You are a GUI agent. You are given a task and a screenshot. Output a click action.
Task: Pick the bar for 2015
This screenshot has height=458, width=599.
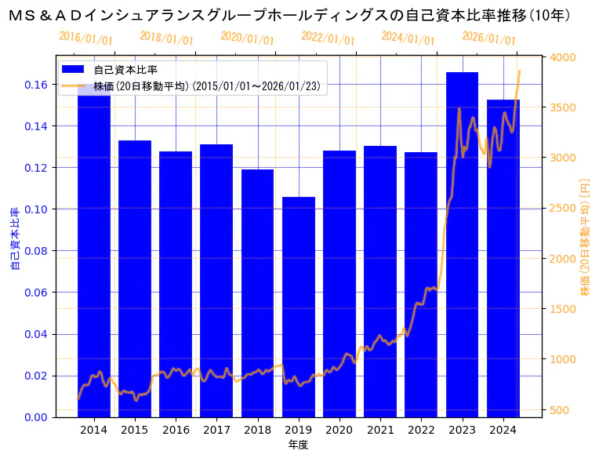(x=135, y=278)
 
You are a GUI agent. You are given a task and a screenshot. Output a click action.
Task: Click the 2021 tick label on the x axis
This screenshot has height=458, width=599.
(x=380, y=430)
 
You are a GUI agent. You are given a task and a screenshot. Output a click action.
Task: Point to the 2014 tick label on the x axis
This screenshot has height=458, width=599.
(x=94, y=430)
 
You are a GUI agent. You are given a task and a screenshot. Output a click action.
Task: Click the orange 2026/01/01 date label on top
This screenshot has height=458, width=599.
(x=488, y=38)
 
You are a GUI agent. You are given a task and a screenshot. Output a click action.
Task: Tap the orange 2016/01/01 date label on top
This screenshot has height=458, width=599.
(x=85, y=38)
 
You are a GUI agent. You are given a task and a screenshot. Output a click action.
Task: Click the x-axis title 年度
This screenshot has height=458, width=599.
(x=298, y=445)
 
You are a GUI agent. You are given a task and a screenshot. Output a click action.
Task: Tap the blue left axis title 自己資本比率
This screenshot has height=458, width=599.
(x=15, y=238)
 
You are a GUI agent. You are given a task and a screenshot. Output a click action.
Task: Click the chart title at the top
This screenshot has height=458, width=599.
(x=299, y=15)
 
